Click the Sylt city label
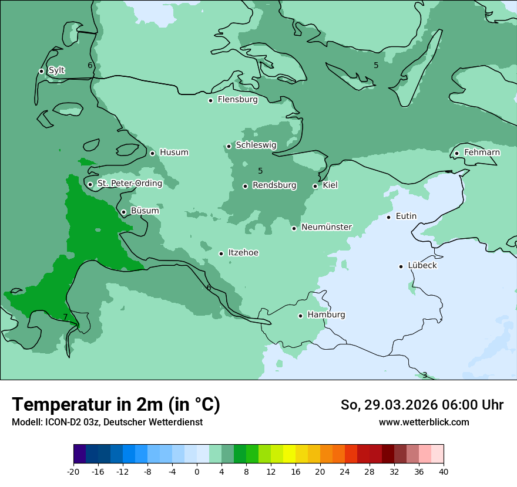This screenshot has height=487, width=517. [x=56, y=70]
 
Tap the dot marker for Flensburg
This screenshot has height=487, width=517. [x=210, y=100]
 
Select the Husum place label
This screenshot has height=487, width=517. [x=174, y=153]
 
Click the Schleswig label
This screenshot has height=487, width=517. [x=256, y=145]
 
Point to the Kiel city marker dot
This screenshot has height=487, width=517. [x=315, y=186]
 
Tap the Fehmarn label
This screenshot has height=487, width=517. [x=482, y=153]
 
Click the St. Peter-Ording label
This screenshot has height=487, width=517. [x=129, y=183]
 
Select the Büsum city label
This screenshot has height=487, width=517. [x=145, y=211]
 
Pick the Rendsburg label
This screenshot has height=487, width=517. [x=274, y=185]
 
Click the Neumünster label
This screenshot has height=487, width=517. [x=327, y=227]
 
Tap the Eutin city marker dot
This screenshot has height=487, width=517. [x=388, y=217]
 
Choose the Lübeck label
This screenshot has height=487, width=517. [x=422, y=265]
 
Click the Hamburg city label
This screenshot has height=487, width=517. [x=326, y=314]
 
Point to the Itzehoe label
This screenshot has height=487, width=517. [x=243, y=253]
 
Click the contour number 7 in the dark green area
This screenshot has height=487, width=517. [x=65, y=317]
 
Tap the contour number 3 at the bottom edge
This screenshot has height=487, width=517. [x=425, y=375]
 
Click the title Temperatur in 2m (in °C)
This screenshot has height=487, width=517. [x=116, y=404]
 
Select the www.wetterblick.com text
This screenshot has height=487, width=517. [x=424, y=422]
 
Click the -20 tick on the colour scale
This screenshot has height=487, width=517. [x=73, y=471]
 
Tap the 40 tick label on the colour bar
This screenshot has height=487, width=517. [x=444, y=471]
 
